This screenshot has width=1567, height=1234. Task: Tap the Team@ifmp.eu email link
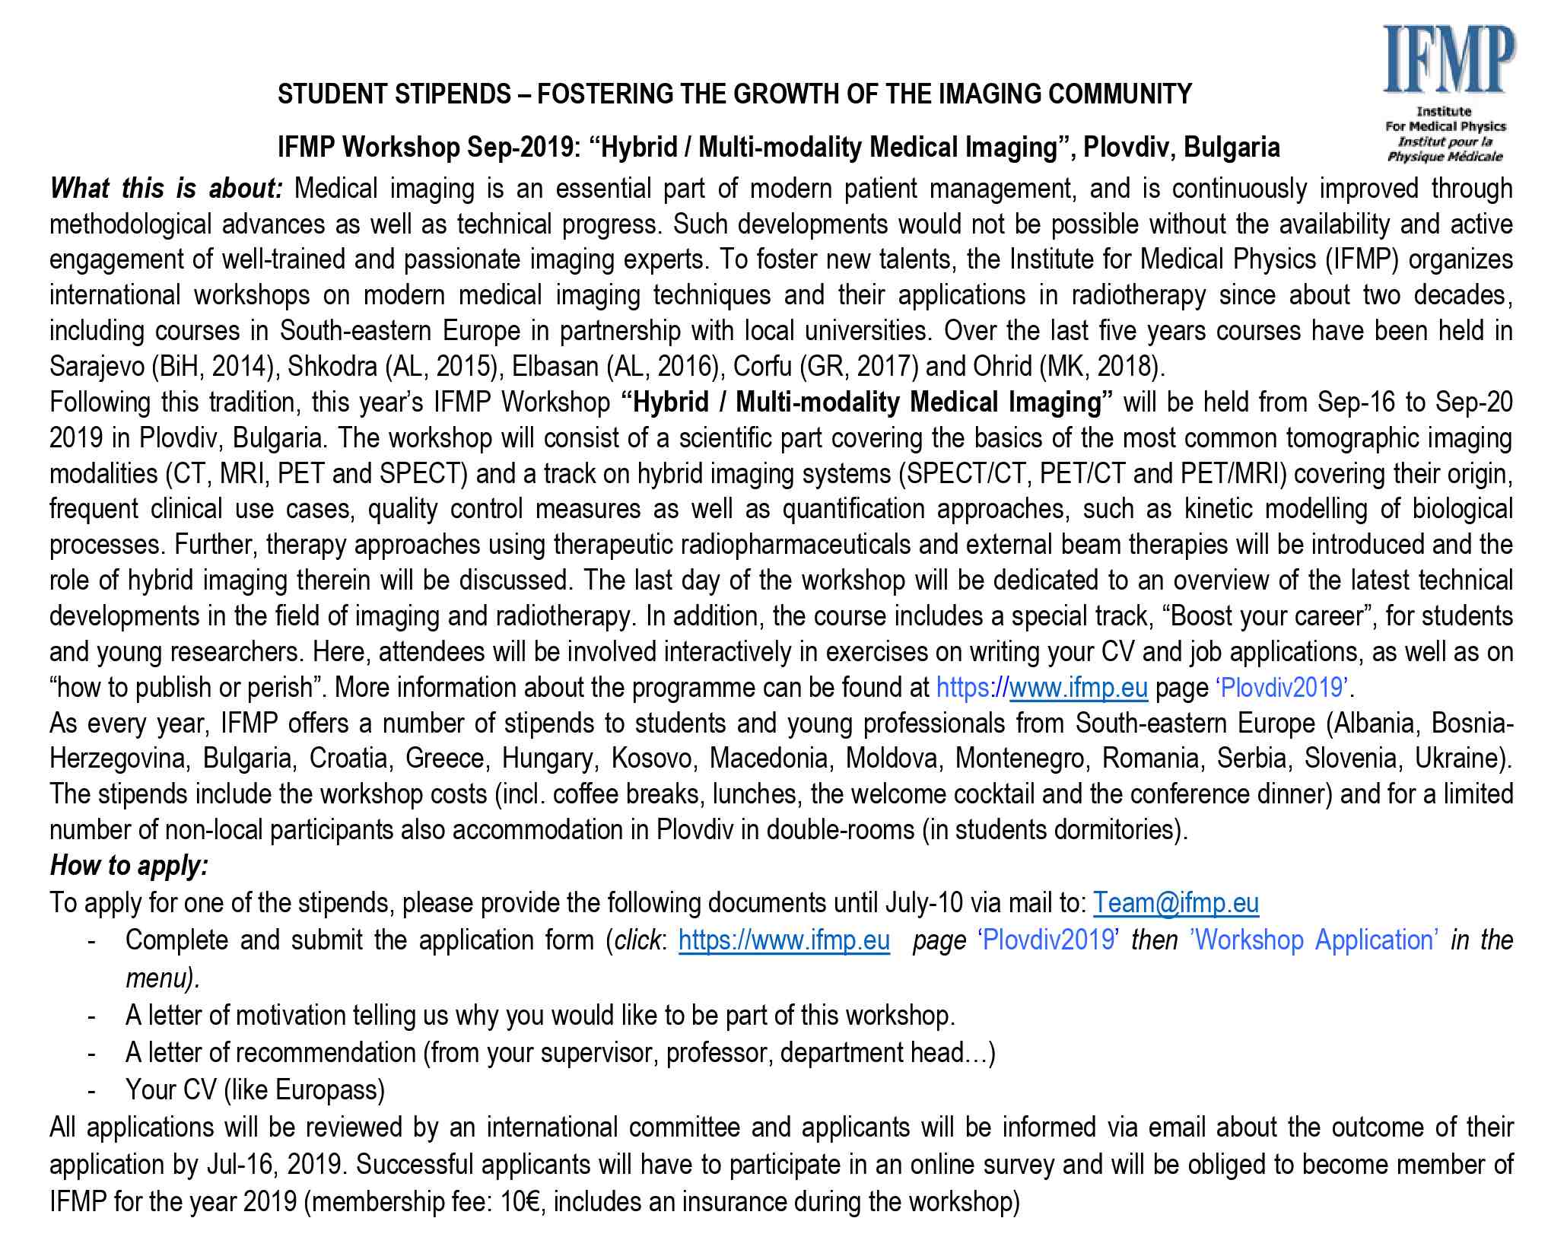(x=1175, y=903)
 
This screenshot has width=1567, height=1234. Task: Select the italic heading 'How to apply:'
(x=129, y=866)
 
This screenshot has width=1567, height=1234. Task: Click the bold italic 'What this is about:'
(x=166, y=189)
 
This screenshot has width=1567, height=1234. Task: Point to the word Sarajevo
(x=97, y=367)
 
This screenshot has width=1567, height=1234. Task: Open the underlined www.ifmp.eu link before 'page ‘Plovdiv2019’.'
(x=1078, y=688)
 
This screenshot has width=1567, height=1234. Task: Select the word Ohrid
(x=1003, y=367)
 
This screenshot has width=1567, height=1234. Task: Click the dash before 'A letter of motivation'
(x=92, y=1016)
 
